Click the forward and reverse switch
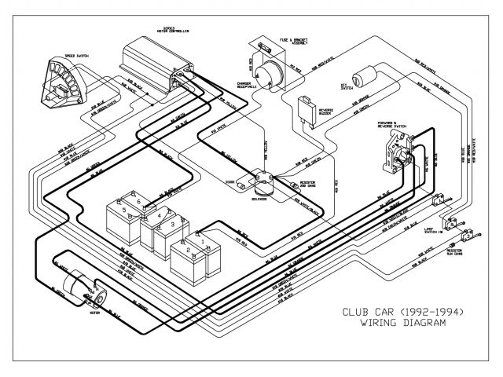point(396,149)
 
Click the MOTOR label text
point(95,309)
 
